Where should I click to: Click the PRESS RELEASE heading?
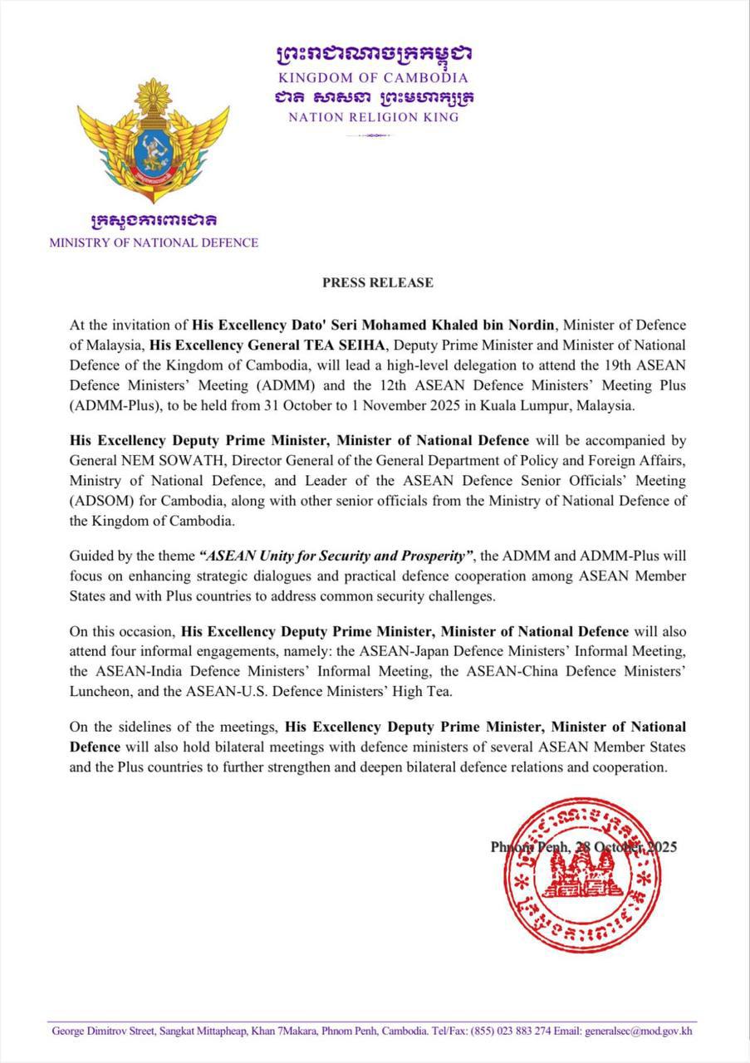pyautogui.click(x=378, y=282)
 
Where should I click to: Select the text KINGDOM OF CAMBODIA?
pyautogui.click(x=374, y=77)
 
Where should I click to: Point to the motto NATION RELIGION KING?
pyautogui.click(x=374, y=117)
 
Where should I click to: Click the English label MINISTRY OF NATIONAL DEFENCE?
pyautogui.click(x=154, y=243)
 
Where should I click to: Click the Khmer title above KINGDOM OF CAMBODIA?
pyautogui.click(x=374, y=55)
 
